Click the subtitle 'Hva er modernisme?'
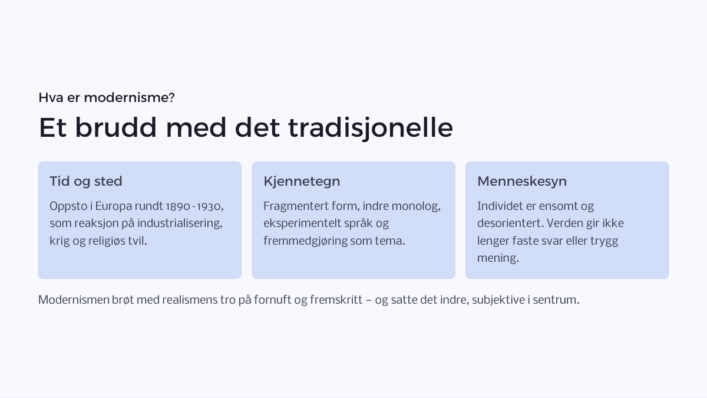point(107,98)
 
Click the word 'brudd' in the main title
point(116,127)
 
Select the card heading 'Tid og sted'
point(86,182)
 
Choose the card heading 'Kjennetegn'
point(302,182)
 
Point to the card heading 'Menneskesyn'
point(522,182)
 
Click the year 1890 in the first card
point(178,206)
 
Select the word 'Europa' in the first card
point(114,206)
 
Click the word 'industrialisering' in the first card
point(180,223)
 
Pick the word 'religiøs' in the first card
point(107,241)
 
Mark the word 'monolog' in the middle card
point(416,206)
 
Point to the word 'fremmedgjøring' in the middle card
point(306,241)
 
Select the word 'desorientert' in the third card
point(511,223)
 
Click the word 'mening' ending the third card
point(498,258)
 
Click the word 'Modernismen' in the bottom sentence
point(74,300)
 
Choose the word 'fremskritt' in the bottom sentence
point(336,300)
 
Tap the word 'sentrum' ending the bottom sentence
point(556,300)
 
